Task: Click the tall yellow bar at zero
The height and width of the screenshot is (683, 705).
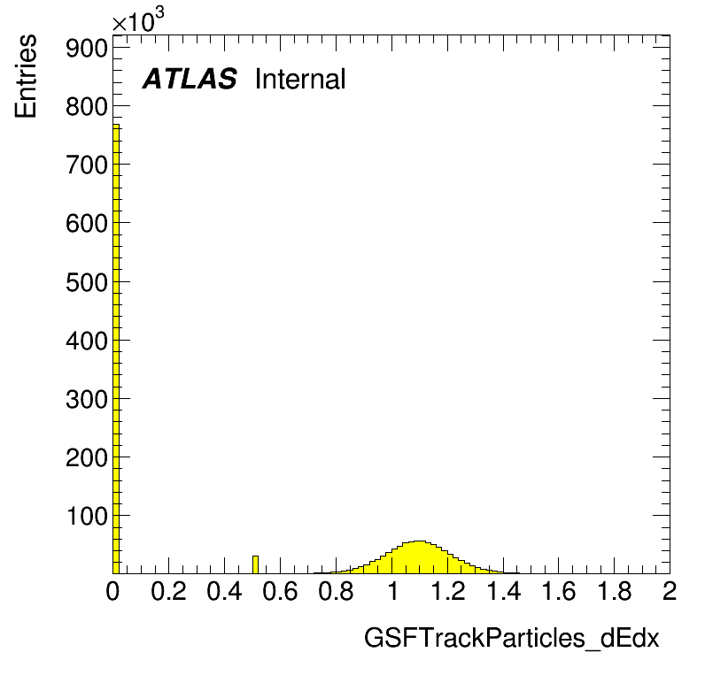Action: point(116,349)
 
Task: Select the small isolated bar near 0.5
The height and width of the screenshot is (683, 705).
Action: point(255,564)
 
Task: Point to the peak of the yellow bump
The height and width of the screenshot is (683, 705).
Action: point(419,541)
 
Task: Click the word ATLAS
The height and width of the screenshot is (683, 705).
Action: point(190,79)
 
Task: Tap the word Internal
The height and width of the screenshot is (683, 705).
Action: point(300,79)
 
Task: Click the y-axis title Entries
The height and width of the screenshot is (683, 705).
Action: point(26,76)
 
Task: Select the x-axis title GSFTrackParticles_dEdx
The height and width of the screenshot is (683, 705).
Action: point(511,638)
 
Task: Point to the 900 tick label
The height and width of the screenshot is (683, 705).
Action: point(87,48)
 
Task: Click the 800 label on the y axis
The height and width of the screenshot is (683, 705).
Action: point(87,107)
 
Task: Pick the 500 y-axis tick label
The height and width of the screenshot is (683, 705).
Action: point(87,283)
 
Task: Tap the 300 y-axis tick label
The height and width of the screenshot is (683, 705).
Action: point(87,399)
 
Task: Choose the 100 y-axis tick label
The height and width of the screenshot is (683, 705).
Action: point(87,517)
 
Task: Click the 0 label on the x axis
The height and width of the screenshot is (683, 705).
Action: point(112,591)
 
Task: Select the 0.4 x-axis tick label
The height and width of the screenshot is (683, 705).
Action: point(224,591)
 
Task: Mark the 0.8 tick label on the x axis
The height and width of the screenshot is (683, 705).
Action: point(336,591)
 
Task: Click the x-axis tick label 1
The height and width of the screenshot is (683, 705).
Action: point(393,591)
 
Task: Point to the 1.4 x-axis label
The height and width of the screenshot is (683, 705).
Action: point(504,591)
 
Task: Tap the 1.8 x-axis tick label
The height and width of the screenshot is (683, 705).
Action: point(615,591)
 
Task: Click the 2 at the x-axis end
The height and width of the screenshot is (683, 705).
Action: point(670,591)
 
